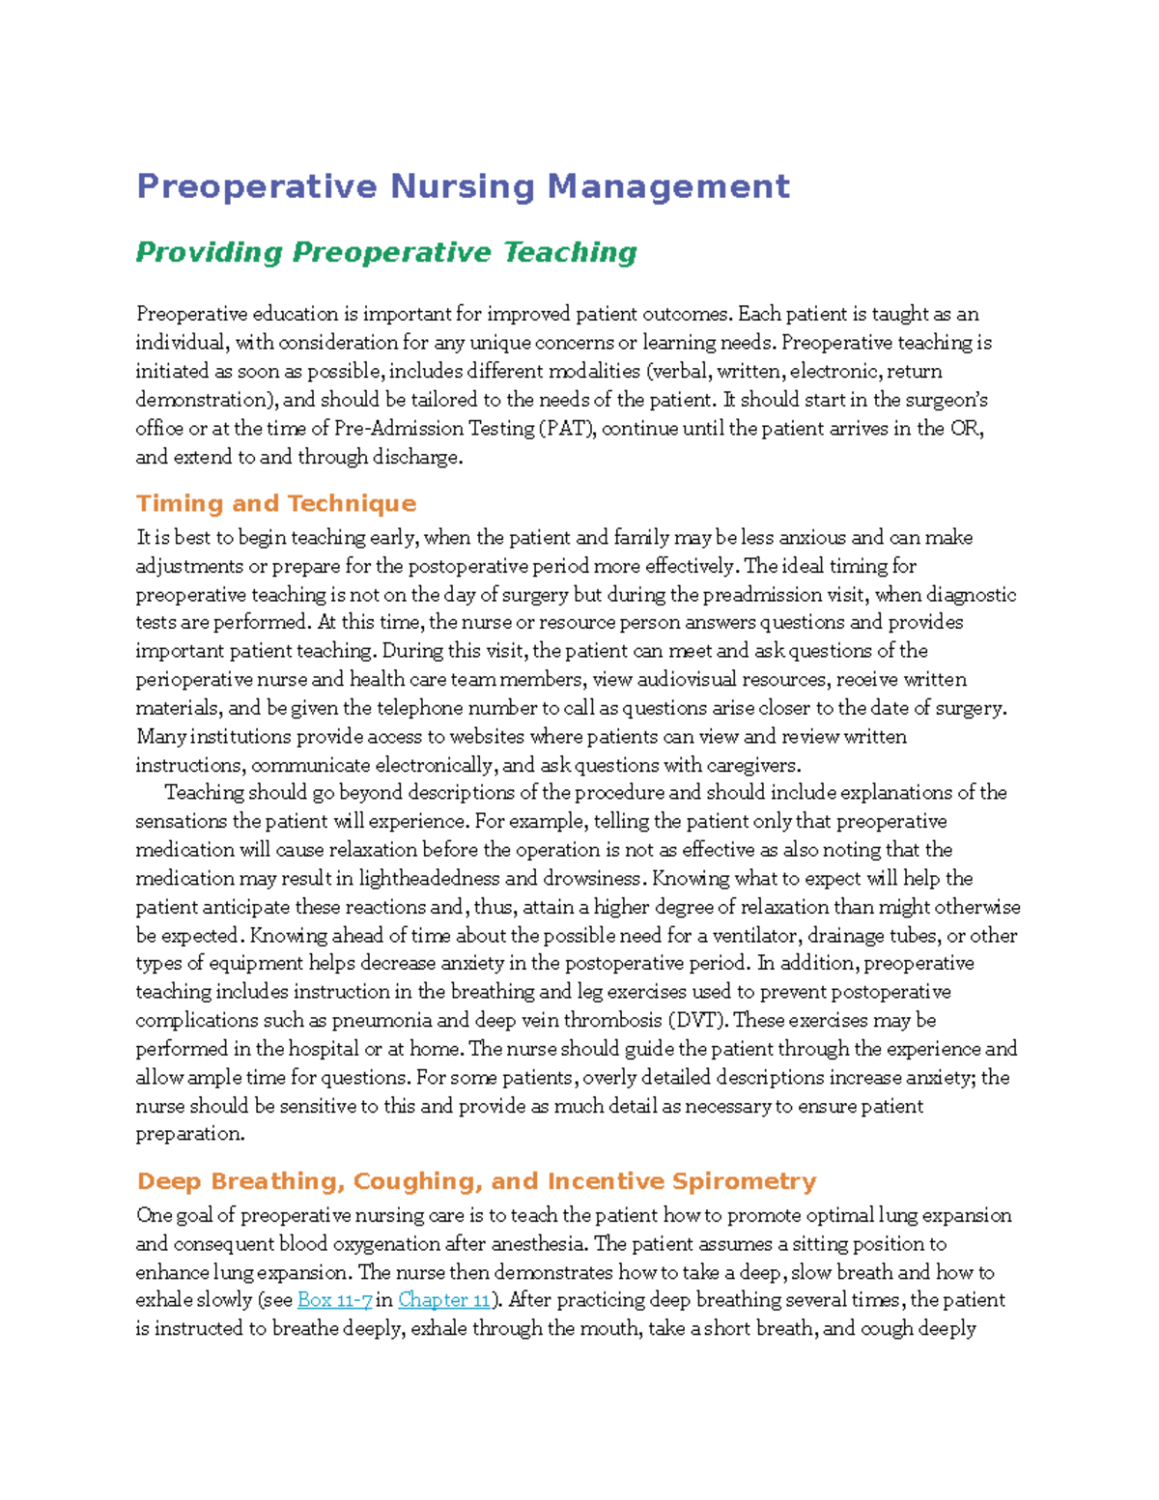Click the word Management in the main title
668,185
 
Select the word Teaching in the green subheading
570,252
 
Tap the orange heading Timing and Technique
276,503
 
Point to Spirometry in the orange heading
744,1181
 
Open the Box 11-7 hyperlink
335,1300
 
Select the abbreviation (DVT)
698,1021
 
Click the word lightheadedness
429,879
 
